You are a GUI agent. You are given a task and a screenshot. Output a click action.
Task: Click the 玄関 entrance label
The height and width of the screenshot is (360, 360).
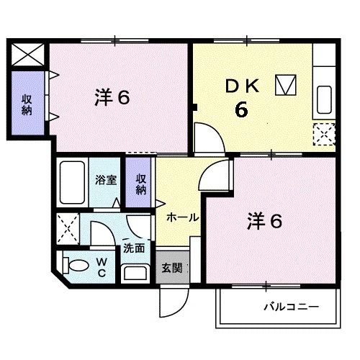point(171,269)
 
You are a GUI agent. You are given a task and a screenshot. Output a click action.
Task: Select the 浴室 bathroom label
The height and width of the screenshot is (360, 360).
point(107,181)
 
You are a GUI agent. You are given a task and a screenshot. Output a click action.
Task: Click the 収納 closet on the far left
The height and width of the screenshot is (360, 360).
point(27,104)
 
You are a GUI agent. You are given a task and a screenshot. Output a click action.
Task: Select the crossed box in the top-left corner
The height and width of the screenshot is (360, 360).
point(27,53)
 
